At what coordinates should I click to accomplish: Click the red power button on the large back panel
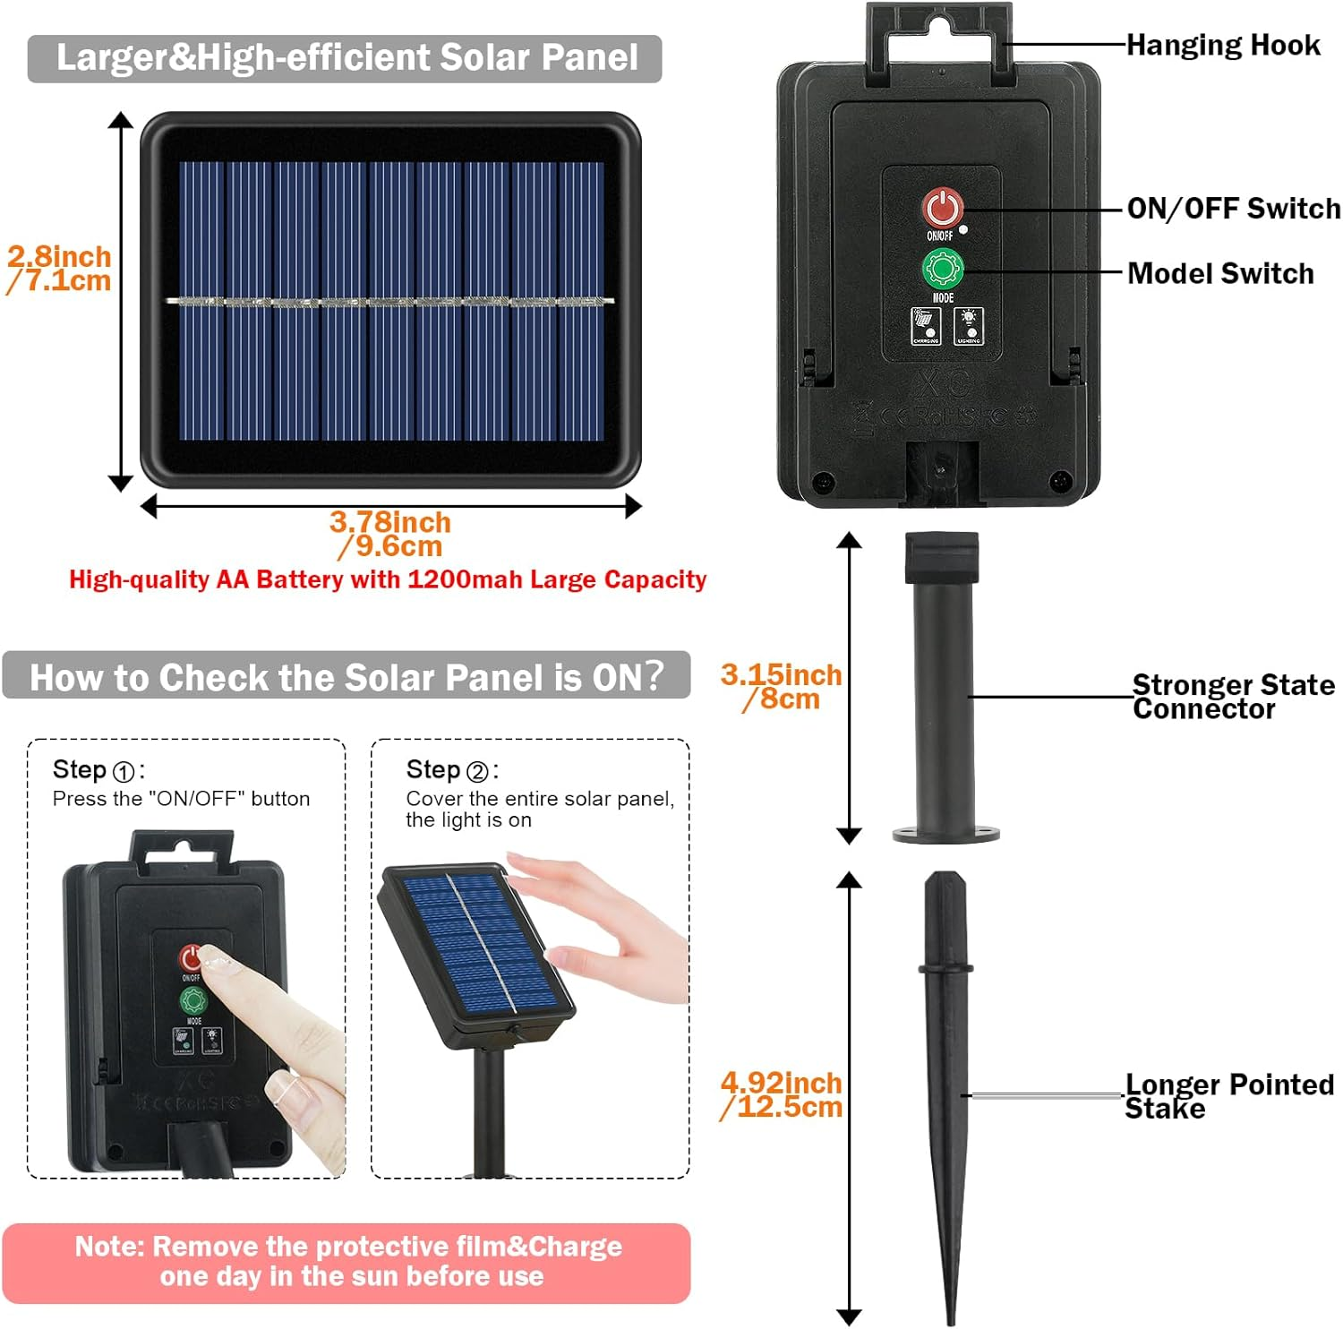click(941, 208)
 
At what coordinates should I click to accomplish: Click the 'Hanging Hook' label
click(1222, 45)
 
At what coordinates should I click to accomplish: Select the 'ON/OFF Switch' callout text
click(1233, 209)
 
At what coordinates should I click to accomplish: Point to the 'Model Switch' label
click(1220, 273)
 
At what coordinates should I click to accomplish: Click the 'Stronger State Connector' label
click(1232, 697)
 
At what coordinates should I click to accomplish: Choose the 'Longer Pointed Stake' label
click(1228, 1096)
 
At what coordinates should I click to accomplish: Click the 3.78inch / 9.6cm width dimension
click(390, 534)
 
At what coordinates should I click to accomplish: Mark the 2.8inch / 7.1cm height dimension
click(59, 269)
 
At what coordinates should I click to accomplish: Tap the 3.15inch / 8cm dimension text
click(781, 687)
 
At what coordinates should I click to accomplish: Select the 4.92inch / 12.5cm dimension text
click(782, 1094)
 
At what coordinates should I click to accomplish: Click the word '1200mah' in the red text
click(464, 579)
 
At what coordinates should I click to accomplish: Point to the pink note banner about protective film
click(346, 1262)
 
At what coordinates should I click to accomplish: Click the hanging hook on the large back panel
click(939, 40)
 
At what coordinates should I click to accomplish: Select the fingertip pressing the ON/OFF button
click(215, 962)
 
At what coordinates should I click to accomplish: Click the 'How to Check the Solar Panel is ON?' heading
click(346, 676)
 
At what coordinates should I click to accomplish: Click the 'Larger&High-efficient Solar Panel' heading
click(346, 58)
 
